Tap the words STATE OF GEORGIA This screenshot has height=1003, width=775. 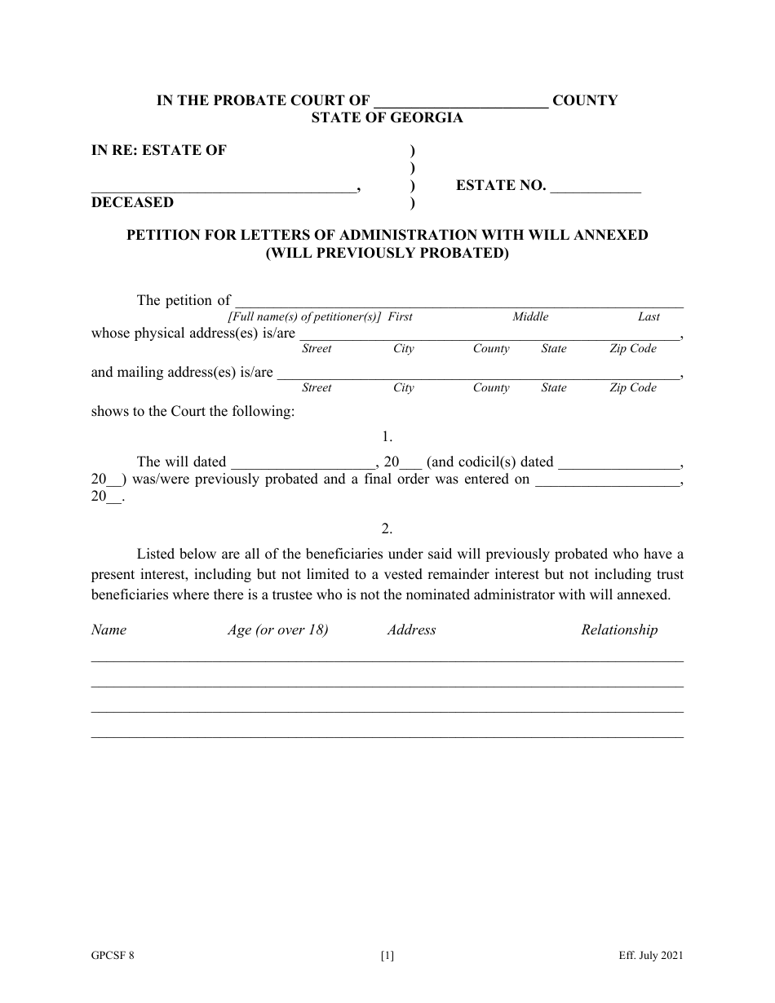387,118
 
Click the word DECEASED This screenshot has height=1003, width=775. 132,202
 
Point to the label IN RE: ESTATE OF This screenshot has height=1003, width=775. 159,150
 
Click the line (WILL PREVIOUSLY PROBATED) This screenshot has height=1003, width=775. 387,253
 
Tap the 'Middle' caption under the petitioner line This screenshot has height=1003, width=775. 530,316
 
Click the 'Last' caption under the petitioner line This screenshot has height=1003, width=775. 649,316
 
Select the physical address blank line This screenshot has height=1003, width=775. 489,335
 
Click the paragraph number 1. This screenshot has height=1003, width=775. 387,437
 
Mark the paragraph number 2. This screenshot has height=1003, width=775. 387,528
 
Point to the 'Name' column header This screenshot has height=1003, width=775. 108,630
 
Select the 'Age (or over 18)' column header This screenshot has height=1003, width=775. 277,630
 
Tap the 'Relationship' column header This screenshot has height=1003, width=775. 619,630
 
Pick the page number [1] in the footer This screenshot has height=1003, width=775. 387,957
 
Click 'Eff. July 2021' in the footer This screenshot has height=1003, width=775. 650,957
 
